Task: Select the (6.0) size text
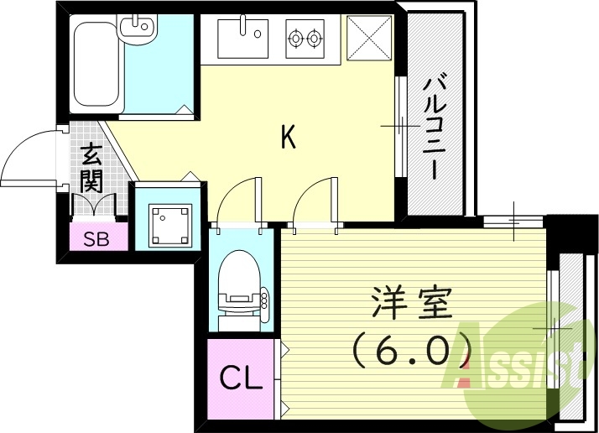[409, 350]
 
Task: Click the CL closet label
[242, 377]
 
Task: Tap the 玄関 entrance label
[91, 168]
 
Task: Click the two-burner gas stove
[304, 38]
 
